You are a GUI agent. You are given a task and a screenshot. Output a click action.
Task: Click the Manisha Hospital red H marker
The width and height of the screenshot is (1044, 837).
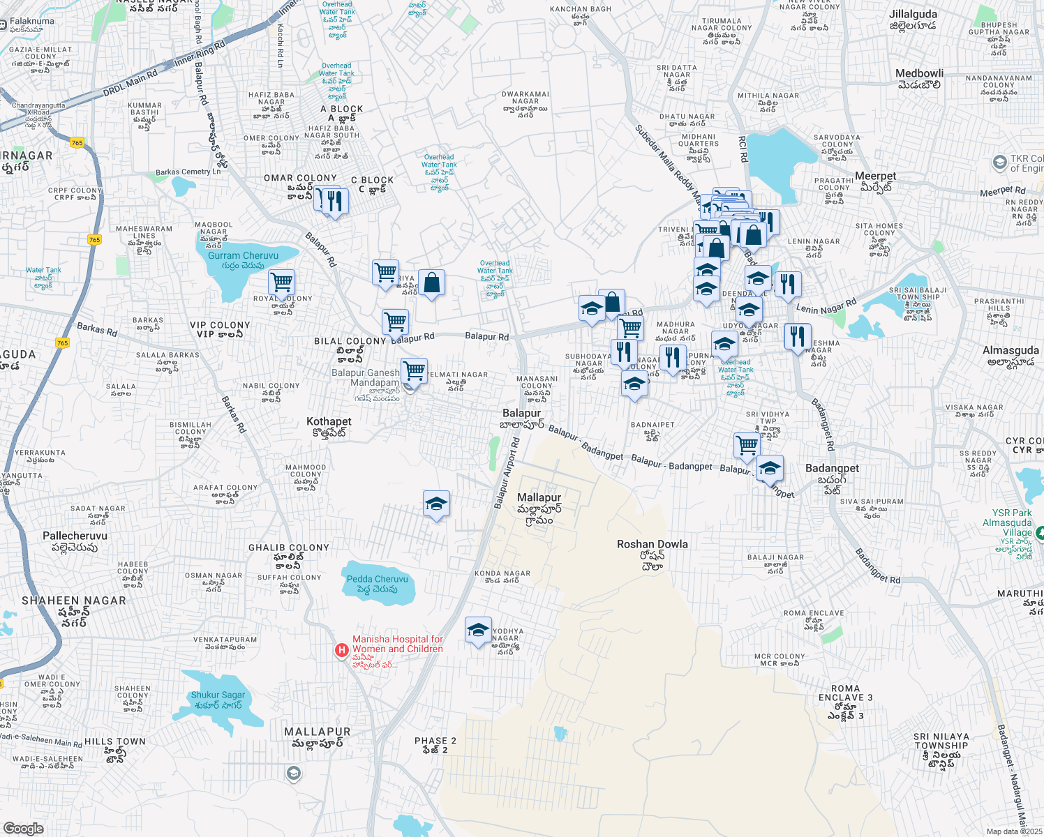click(x=341, y=651)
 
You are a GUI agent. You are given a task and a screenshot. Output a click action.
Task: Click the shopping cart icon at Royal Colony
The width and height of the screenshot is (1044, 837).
click(x=281, y=282)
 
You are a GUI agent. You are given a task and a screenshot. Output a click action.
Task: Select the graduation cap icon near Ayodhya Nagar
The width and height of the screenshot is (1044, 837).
click(x=478, y=631)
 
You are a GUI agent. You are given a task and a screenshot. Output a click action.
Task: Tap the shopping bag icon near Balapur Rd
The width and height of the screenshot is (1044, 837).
click(x=431, y=282)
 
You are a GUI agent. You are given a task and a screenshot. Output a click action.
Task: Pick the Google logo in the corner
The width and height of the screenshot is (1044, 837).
click(x=23, y=828)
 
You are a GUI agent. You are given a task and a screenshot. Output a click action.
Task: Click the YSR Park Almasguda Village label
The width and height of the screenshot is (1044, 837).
click(x=1007, y=522)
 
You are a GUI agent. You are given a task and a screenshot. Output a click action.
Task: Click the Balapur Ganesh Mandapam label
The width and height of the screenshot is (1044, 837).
click(x=366, y=377)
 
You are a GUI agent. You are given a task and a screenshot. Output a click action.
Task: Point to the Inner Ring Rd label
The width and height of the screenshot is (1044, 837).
click(x=200, y=54)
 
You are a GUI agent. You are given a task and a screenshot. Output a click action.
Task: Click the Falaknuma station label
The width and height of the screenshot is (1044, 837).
click(x=31, y=21)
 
